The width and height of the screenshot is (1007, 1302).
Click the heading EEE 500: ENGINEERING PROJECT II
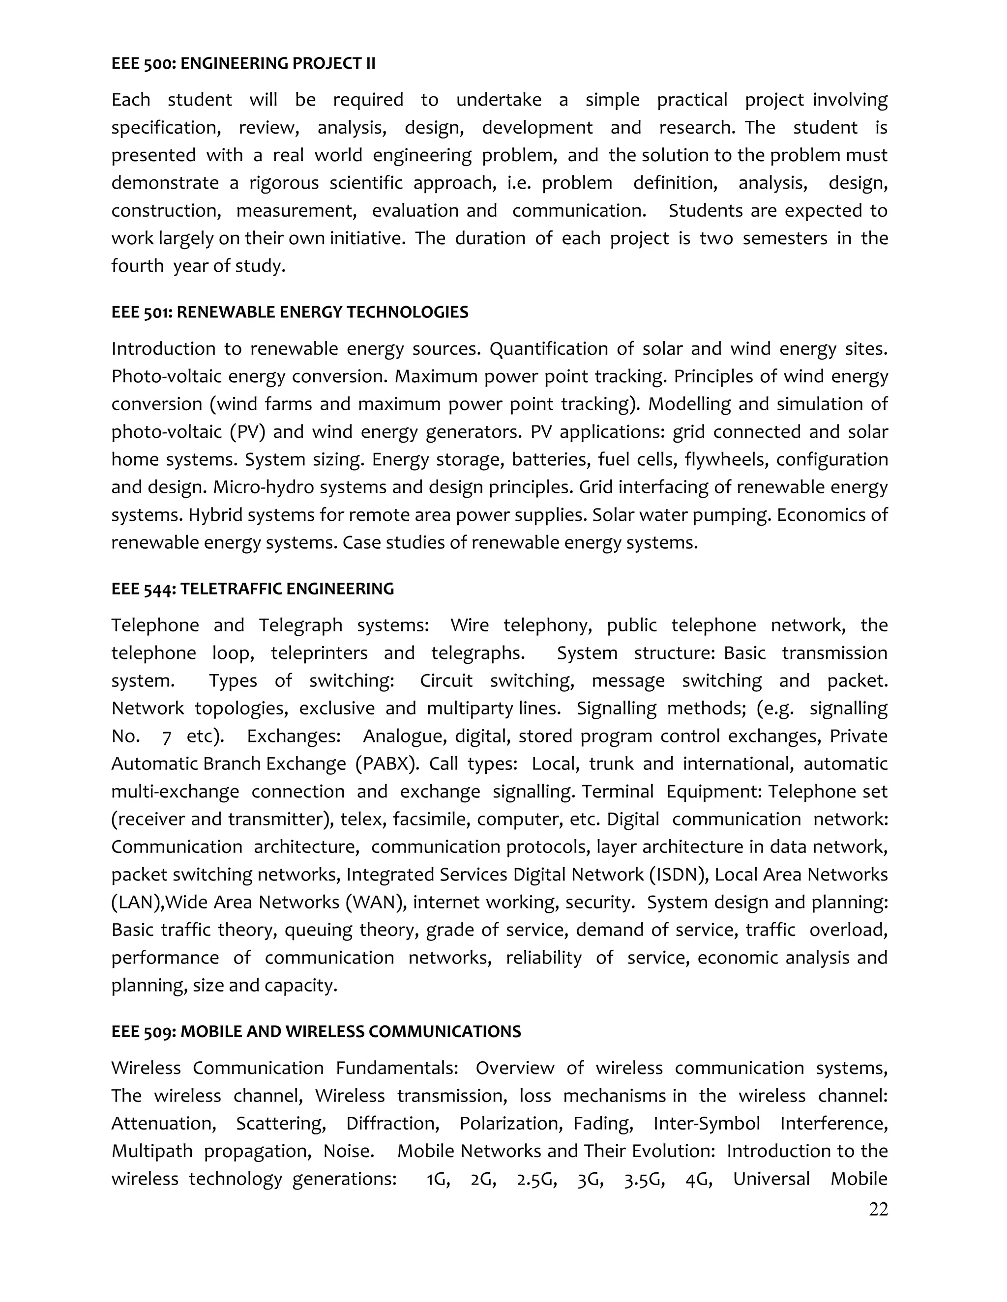(x=243, y=63)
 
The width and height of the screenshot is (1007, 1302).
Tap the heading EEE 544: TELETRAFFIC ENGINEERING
(x=252, y=589)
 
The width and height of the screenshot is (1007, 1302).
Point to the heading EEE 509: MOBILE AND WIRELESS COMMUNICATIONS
(x=316, y=1032)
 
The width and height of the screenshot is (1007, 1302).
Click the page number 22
(x=878, y=1209)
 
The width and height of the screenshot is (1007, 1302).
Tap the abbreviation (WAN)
(x=376, y=902)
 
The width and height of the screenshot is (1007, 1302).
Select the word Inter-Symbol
(x=707, y=1124)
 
